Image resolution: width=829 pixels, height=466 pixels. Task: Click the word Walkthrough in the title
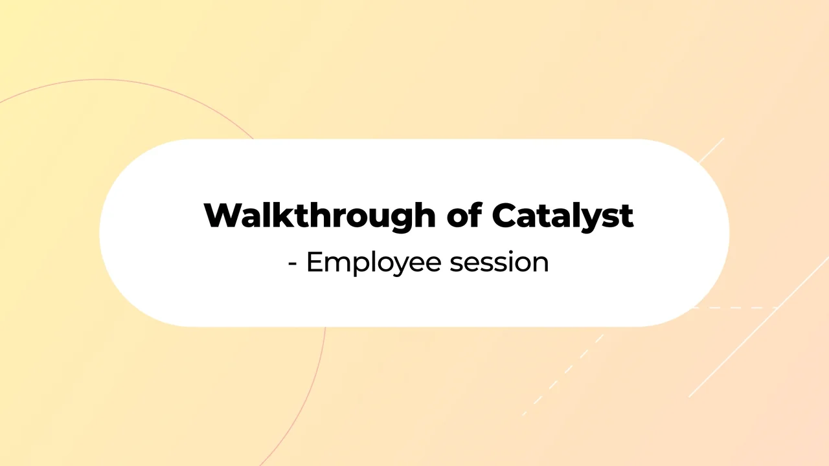pyautogui.click(x=319, y=216)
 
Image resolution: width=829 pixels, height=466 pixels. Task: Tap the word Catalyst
pyautogui.click(x=562, y=216)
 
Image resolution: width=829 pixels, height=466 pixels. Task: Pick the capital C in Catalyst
pyautogui.click(x=506, y=216)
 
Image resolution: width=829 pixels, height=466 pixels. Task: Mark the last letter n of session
pyautogui.click(x=541, y=263)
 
